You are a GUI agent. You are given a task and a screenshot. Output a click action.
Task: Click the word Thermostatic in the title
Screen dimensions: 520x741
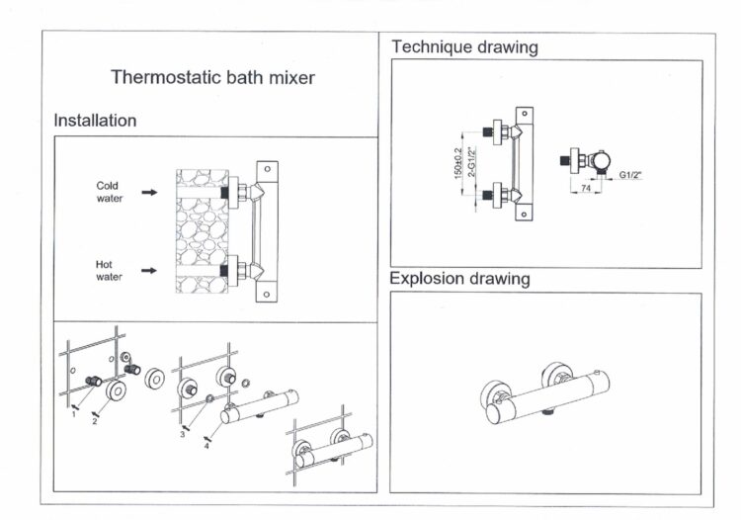159,77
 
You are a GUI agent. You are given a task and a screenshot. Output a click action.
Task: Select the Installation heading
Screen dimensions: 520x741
95,121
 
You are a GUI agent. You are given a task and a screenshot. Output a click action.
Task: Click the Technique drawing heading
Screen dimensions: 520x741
464,46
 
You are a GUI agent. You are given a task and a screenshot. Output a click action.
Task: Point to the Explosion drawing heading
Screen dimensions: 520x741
459,279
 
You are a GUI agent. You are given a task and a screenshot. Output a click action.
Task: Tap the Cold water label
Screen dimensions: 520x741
109,192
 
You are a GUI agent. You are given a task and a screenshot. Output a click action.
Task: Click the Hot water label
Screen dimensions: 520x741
109,271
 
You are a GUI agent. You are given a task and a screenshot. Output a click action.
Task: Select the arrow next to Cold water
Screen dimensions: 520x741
148,193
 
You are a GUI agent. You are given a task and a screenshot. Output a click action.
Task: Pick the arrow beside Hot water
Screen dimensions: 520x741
148,270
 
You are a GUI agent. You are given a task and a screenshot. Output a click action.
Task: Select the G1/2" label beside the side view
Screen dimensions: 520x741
632,175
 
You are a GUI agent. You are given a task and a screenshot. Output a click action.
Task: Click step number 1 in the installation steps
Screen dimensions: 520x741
73,414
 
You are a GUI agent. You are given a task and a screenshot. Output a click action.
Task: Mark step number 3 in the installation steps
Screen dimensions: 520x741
182,434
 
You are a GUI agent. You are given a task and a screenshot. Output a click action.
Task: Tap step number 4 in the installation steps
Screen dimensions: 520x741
206,444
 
